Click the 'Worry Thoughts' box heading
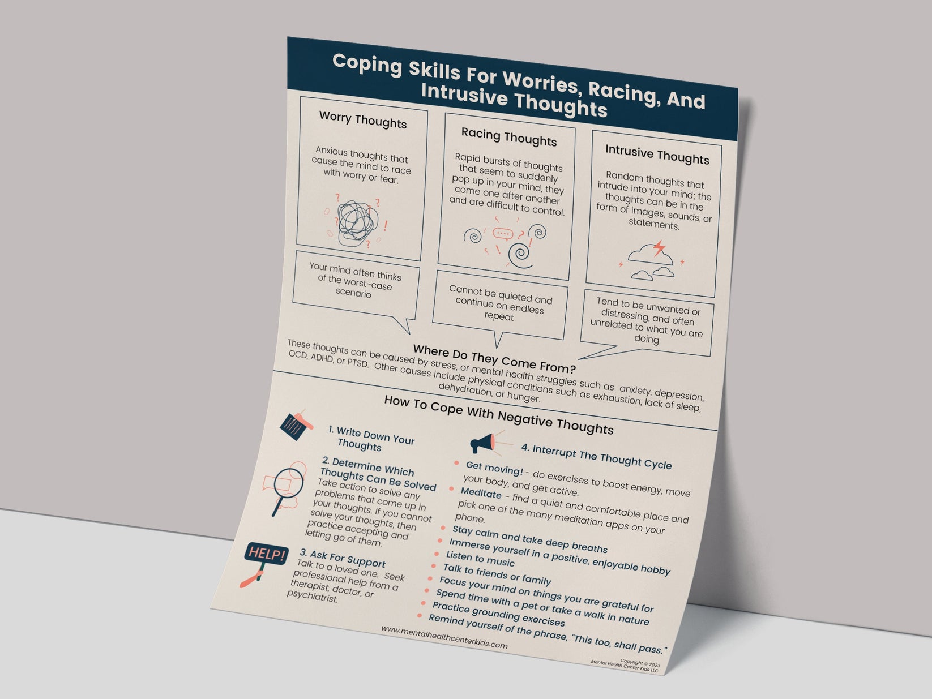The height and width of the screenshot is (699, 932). click(x=363, y=120)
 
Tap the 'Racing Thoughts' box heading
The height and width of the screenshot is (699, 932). click(x=508, y=137)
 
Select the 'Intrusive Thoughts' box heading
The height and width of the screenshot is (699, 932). click(x=657, y=155)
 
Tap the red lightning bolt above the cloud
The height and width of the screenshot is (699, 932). click(x=659, y=248)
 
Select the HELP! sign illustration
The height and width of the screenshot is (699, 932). click(x=266, y=553)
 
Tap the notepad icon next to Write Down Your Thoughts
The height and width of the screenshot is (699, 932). click(x=296, y=424)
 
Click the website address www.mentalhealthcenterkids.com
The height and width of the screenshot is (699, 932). click(x=444, y=637)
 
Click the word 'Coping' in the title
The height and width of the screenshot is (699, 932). click(x=366, y=64)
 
